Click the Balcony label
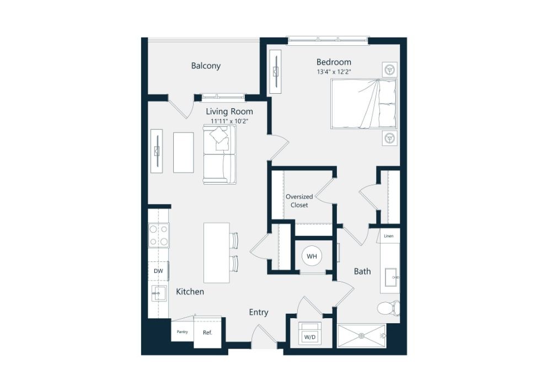206,66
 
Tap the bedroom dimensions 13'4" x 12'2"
334,72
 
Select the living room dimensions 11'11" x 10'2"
229,121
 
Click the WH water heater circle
312,256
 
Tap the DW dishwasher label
158,271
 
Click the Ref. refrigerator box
207,333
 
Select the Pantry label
182,332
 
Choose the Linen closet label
388,237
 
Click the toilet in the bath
389,308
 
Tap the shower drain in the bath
362,335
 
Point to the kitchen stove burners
159,235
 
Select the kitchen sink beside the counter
159,293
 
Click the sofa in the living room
219,154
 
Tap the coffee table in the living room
183,152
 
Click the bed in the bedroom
363,104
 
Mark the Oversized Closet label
299,201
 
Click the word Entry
259,313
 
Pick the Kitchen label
190,292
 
